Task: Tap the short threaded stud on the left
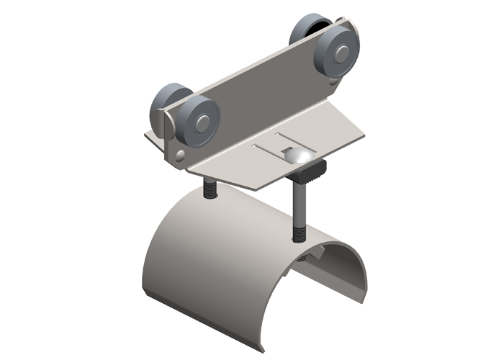tap(209, 189)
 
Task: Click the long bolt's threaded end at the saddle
tap(298, 233)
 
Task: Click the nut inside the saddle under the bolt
tap(311, 254)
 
